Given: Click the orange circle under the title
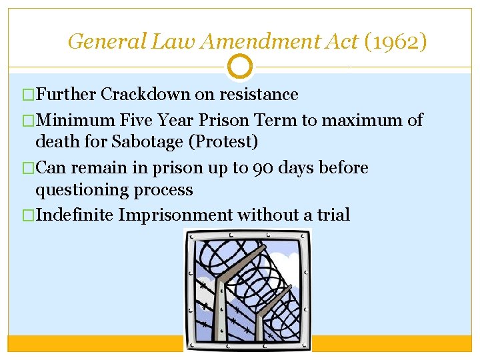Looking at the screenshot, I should [240, 66].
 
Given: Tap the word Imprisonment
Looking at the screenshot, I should [175, 215].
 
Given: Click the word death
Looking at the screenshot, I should [55, 141].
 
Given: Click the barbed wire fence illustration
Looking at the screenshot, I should [248, 290].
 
